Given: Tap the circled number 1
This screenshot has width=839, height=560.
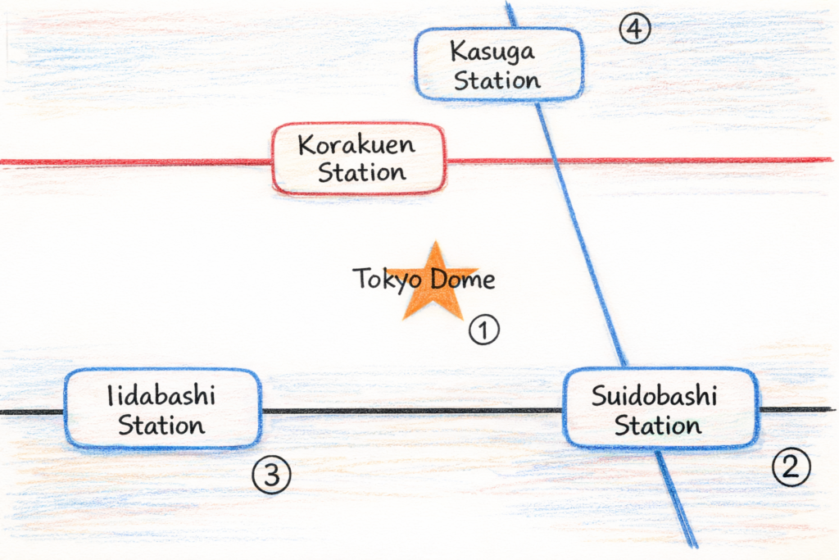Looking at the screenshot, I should click(483, 330).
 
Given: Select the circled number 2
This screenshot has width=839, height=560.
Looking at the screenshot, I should click(791, 467).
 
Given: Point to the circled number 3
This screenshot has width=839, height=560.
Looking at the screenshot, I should click(271, 476).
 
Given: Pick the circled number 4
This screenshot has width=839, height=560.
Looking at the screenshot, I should click(634, 30).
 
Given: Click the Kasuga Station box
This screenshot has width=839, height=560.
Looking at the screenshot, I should click(499, 64).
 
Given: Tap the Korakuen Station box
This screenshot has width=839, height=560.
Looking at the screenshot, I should click(359, 158).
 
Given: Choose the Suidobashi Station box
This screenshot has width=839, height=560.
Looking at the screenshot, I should click(660, 408).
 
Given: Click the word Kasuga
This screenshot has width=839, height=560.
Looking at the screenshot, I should click(492, 52).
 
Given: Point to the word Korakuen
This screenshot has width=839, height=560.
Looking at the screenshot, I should click(356, 146).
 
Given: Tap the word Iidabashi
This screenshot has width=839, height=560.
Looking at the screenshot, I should click(161, 397).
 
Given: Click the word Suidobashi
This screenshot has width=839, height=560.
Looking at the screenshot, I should click(654, 397).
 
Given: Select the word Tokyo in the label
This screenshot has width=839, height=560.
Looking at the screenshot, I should click(381, 280).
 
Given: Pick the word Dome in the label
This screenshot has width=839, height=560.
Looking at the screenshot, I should click(464, 280).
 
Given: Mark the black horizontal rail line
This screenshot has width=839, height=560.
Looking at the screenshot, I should click(410, 411).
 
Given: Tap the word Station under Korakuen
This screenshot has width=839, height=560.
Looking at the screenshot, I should click(361, 172).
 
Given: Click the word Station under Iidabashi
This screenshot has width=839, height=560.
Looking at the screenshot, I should click(161, 426).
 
